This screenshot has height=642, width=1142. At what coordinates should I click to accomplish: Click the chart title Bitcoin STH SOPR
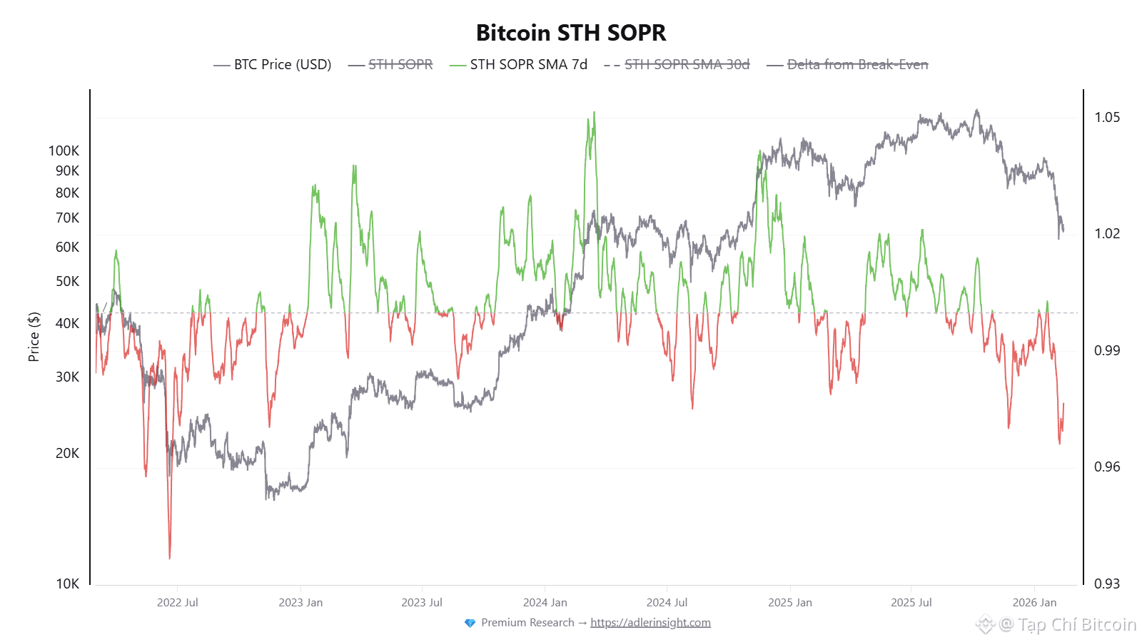click(x=571, y=33)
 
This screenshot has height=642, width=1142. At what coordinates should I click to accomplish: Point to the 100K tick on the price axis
click(x=64, y=151)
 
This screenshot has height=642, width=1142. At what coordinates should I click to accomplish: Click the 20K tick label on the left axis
click(x=67, y=454)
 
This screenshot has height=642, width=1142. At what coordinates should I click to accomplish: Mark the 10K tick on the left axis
click(x=67, y=584)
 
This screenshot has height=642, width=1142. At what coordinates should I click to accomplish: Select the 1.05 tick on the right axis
click(x=1107, y=118)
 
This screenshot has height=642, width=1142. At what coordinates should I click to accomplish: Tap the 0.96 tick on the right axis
click(x=1107, y=467)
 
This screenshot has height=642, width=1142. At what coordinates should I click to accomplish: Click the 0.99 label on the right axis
click(x=1107, y=350)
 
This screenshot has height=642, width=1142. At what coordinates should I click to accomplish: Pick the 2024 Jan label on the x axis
click(x=545, y=603)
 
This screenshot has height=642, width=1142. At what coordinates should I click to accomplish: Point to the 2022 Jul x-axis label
click(x=178, y=603)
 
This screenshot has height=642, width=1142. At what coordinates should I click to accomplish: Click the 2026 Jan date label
click(x=1034, y=603)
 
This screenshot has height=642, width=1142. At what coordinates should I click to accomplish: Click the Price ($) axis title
click(x=34, y=337)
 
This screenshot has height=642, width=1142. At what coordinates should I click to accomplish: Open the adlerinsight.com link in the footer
click(x=650, y=623)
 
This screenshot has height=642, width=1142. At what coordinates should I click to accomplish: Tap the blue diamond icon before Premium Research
click(x=470, y=623)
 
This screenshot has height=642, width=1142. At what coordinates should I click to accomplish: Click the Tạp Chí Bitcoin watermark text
click(x=1076, y=625)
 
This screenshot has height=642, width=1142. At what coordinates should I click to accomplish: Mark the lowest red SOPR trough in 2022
click(x=170, y=556)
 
